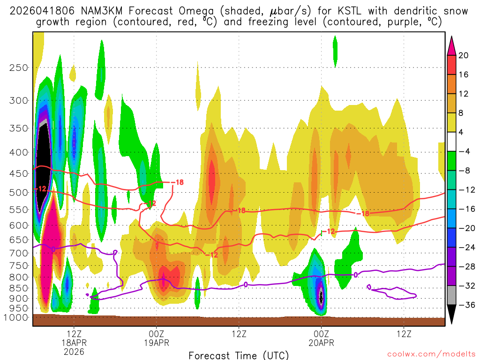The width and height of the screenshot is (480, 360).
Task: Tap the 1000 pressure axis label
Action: [16, 317]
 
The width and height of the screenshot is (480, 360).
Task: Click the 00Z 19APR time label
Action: [156, 338]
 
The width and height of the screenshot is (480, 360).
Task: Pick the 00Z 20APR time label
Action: [321, 338]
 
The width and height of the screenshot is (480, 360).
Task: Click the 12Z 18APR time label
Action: [74, 338]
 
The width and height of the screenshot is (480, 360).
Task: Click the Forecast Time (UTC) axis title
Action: [239, 355]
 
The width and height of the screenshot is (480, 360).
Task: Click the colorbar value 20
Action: [463, 55]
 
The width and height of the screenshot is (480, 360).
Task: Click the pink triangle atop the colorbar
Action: [452, 45]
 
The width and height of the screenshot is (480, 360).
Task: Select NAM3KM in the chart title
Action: [93, 11]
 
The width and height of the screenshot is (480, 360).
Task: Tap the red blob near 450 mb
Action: [211, 180]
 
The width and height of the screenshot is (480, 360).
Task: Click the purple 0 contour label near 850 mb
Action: [246, 285]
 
